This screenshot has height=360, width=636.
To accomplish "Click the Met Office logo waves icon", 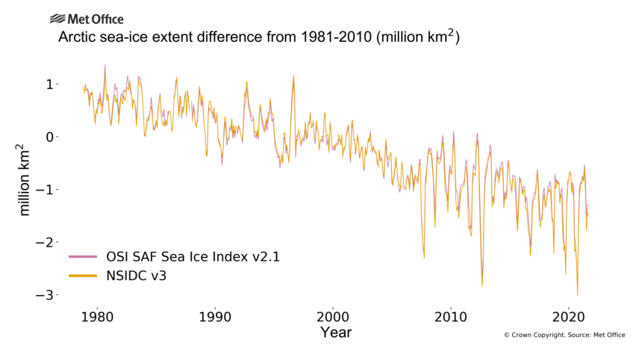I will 57,19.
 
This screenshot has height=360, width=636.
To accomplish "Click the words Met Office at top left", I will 96,19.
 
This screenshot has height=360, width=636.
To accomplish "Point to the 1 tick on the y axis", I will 50,84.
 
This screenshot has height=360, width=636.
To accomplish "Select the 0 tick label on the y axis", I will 50,137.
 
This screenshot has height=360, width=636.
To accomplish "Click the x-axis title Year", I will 335,333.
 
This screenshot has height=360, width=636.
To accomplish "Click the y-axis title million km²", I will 25,180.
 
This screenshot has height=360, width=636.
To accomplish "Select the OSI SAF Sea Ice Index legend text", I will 193,257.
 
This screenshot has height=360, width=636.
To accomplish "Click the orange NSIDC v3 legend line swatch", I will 83,277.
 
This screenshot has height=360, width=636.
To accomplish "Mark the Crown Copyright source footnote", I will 564,335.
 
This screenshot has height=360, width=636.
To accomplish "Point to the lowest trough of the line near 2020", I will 577,295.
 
